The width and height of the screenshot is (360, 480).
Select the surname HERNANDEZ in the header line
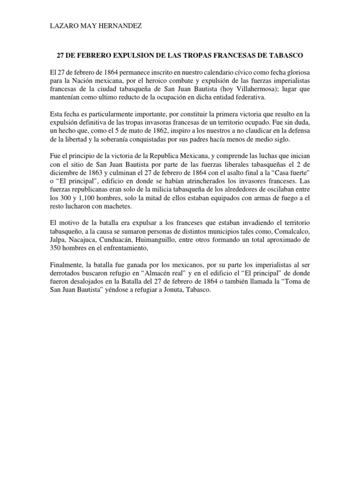(x=120, y=27)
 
